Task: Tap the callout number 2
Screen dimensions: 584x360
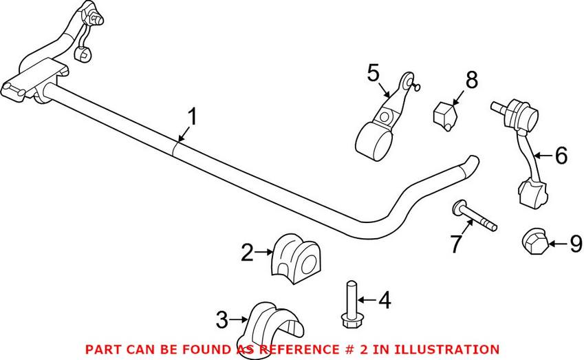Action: tap(248, 253)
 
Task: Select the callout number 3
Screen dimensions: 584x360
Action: tap(222, 320)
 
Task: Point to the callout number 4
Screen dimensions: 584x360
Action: tap(385, 300)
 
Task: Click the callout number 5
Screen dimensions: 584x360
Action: tap(374, 73)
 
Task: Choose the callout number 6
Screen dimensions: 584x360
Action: tap(561, 155)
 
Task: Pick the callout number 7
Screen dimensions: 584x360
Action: tap(456, 244)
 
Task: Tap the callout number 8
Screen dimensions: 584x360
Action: tap(471, 80)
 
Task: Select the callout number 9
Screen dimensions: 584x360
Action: tap(576, 244)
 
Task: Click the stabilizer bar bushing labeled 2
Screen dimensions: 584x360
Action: tap(295, 258)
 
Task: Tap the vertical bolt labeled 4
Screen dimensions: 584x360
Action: tap(349, 304)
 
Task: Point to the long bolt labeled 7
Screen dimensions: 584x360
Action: tap(475, 215)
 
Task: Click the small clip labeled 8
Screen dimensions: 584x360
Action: tap(445, 116)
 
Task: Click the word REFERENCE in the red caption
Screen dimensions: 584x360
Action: tap(298, 349)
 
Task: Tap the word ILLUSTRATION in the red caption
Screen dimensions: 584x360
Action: tap(446, 349)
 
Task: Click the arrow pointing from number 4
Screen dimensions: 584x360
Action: tap(367, 299)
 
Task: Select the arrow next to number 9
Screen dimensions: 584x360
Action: tap(557, 244)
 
